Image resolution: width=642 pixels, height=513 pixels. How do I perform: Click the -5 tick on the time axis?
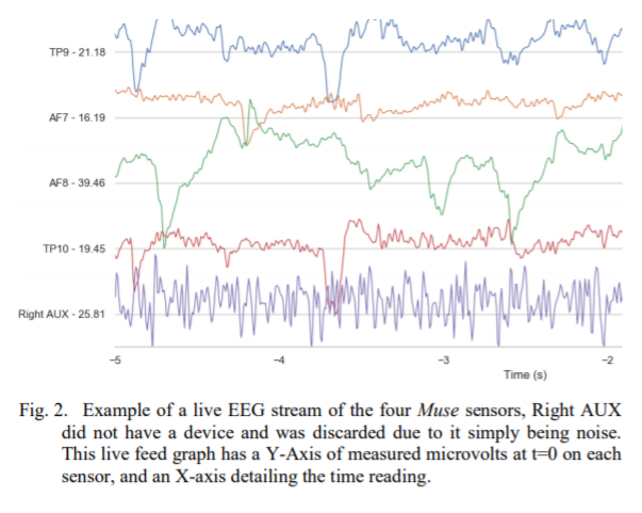point(114,359)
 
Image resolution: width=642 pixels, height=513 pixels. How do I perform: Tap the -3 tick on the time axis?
point(444,359)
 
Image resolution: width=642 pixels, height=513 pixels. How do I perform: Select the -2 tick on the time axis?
point(608,359)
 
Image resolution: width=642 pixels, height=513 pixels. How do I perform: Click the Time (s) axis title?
point(525,375)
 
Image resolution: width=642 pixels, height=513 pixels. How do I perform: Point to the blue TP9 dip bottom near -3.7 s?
point(332,100)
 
